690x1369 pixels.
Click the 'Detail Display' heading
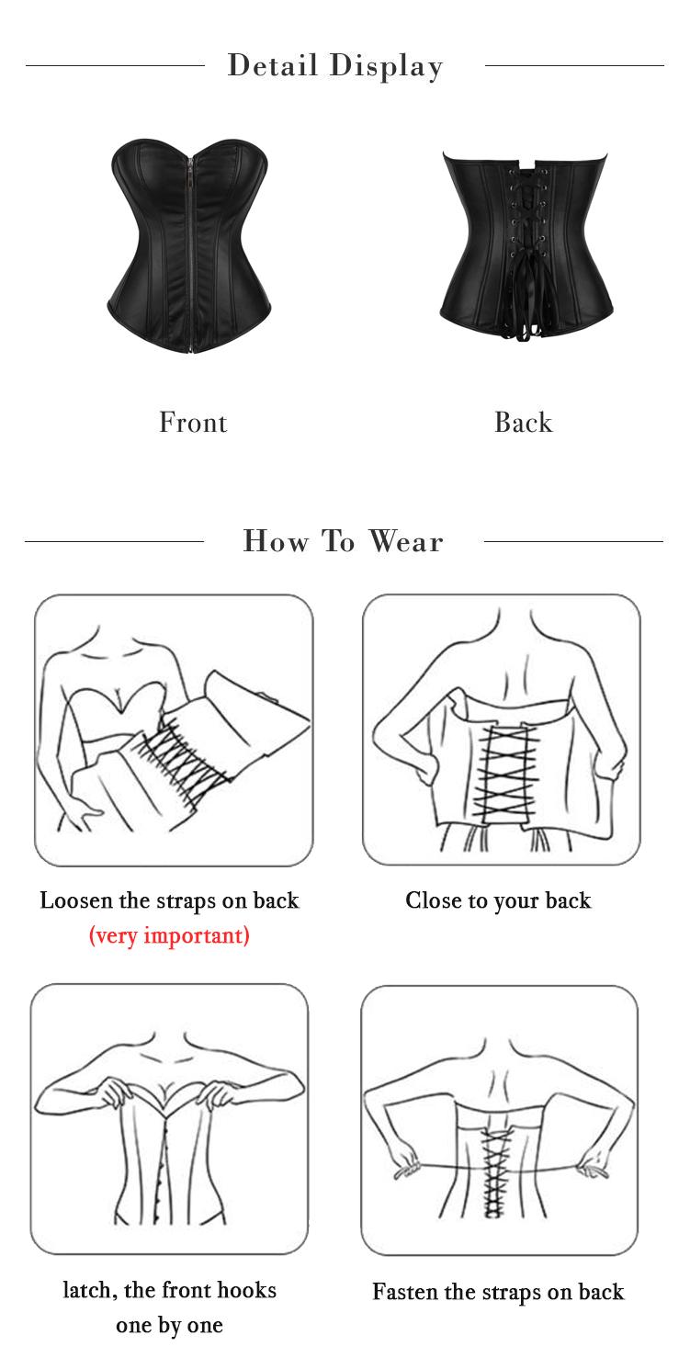pos(335,66)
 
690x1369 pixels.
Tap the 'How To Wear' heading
pos(343,541)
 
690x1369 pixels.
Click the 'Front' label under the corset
pos(193,423)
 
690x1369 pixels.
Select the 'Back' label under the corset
pos(523,423)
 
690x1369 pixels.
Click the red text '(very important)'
pos(169,935)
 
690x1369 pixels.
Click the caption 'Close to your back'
pos(498,900)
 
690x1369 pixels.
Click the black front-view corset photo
pos(189,245)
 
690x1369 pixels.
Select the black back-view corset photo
pos(526,245)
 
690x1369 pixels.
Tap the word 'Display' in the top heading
pos(386,66)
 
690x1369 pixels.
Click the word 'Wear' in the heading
pos(406,541)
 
